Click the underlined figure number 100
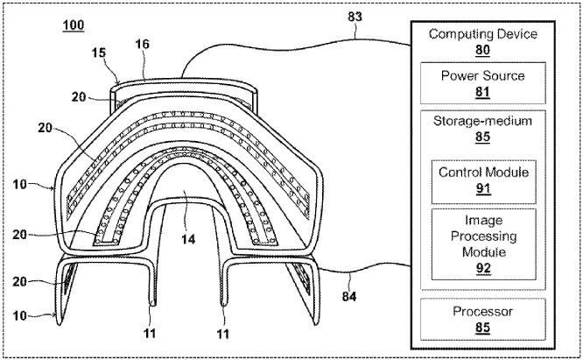(x=74, y=25)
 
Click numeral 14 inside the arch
(x=187, y=236)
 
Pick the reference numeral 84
(x=350, y=280)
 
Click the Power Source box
(x=482, y=83)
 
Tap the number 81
(x=482, y=91)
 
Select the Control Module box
(x=482, y=178)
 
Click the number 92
(x=482, y=268)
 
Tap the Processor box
(x=482, y=318)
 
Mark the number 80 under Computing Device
(x=482, y=49)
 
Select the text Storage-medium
(x=482, y=121)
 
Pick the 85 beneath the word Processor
(x=482, y=327)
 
